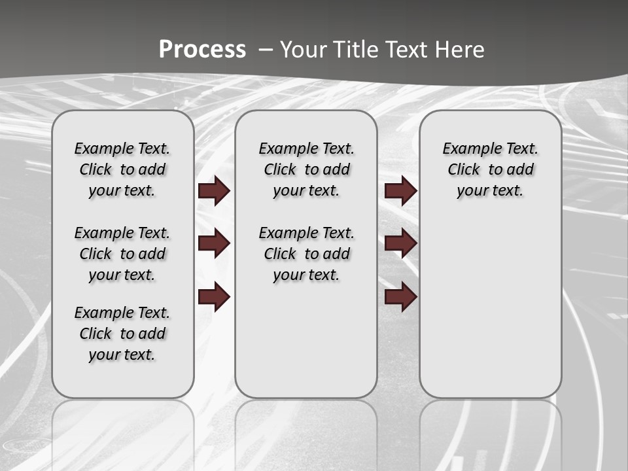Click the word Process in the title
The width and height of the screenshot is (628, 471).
[x=202, y=50]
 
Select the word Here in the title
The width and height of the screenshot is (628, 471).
[x=461, y=50]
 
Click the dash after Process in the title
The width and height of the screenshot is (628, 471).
[x=266, y=50]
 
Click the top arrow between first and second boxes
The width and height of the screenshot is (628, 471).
[x=214, y=191]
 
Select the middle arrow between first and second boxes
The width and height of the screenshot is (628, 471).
[x=214, y=243]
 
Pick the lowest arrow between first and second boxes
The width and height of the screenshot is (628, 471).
[x=214, y=298]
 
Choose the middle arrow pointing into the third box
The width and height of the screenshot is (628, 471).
[x=400, y=243]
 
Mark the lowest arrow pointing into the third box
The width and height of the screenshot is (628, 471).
[x=400, y=298]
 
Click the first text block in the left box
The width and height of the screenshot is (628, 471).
[x=122, y=169]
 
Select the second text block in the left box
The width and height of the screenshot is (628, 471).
[x=122, y=254]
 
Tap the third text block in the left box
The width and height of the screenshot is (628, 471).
[x=122, y=334]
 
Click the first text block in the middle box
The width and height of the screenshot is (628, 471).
[x=306, y=169]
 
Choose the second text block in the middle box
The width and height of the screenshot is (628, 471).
[x=306, y=254]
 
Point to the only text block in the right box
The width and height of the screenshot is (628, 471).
[x=490, y=169]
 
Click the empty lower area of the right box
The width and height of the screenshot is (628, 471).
[x=490, y=307]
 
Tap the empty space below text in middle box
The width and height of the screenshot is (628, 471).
[x=306, y=340]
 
